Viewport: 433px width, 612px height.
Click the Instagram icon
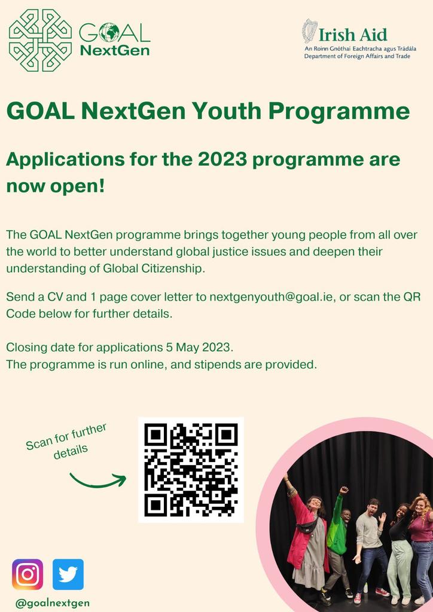point(28,574)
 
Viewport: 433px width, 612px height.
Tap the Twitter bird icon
point(68,574)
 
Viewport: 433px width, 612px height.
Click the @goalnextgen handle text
point(53,602)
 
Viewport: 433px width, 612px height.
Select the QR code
point(191,470)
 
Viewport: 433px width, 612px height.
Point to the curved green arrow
point(97,478)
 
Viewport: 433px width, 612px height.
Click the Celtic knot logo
point(40,40)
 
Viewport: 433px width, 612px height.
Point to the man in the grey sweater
point(370,538)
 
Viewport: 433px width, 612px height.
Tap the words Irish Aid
point(353,34)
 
